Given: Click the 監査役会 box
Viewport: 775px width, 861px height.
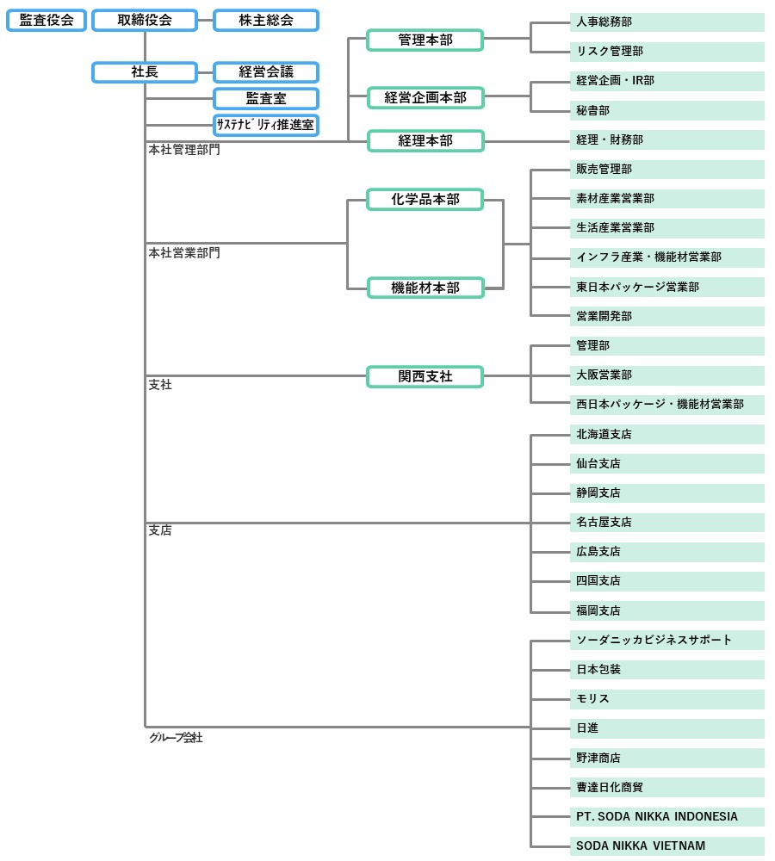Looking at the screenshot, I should [46, 20].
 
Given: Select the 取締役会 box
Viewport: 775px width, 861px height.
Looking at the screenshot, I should [145, 20].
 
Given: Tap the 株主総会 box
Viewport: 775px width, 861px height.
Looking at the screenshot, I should [265, 20].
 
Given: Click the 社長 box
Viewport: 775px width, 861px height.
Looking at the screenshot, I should [145, 72].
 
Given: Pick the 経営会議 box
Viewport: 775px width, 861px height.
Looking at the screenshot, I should [265, 72].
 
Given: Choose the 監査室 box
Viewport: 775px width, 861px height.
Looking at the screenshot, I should [265, 98].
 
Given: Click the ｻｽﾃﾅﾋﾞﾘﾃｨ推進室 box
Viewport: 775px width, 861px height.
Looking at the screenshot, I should [265, 125].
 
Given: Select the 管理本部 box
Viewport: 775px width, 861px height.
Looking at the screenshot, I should [425, 40].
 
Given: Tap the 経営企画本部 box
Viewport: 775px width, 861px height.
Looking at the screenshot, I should [425, 97].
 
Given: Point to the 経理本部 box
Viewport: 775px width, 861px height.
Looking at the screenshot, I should [425, 140].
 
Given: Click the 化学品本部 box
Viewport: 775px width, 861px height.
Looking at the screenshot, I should [425, 200].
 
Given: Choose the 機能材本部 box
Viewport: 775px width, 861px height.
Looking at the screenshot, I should [425, 288].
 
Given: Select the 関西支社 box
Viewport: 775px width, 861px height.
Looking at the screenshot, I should [425, 376].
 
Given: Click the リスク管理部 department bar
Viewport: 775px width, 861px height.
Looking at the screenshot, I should [666, 52].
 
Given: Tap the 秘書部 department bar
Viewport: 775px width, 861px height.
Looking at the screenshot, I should [666, 110].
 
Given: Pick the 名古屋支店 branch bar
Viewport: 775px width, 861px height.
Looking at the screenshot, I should [666, 522].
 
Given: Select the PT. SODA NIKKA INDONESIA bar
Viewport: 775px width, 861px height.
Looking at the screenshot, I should [666, 816].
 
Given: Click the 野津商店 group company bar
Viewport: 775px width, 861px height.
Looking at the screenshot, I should [666, 758].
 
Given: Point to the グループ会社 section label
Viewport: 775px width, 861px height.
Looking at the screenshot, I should [176, 738].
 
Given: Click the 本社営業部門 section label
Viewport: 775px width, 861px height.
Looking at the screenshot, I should [184, 253].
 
